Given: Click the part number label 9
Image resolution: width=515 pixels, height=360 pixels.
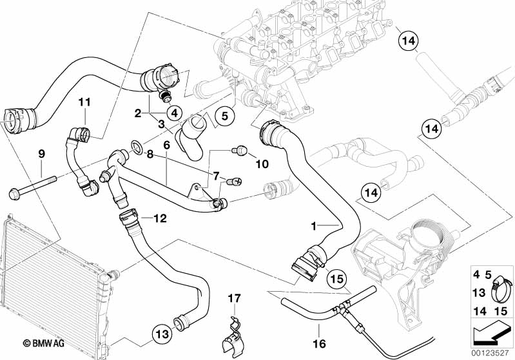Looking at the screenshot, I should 41,154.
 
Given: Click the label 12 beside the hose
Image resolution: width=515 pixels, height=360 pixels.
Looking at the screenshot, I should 159,218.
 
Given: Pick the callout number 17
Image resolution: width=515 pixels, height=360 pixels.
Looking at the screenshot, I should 233,298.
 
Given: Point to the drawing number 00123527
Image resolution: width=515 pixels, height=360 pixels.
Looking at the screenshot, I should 492,353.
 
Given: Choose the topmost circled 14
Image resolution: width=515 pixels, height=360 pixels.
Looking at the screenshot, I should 407,43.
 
